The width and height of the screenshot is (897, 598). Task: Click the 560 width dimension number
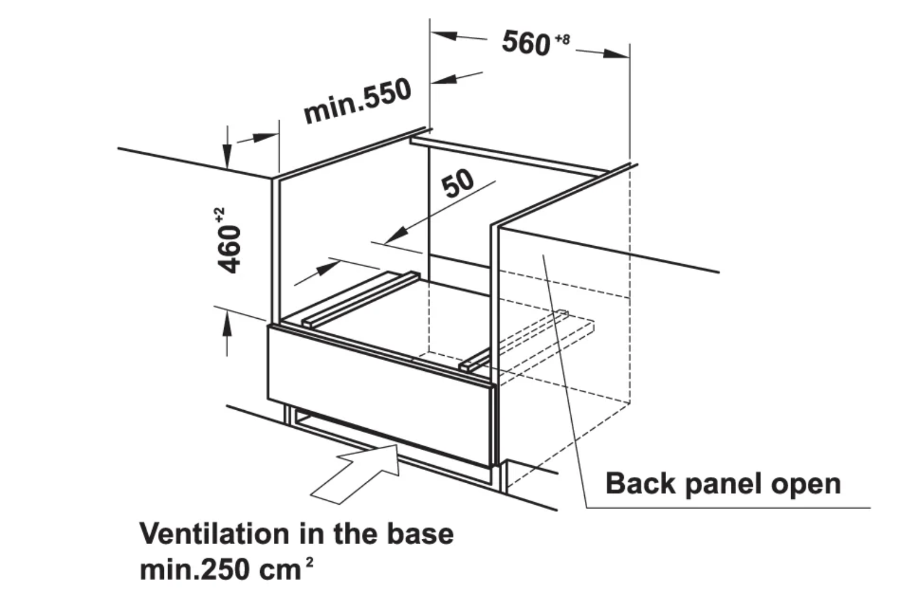click(526, 42)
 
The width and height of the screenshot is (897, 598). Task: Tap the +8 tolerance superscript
click(562, 39)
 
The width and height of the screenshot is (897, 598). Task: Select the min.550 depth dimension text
click(357, 101)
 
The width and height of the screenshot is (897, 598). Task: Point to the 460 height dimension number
click(229, 249)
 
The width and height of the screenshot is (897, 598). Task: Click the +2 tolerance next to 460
click(220, 215)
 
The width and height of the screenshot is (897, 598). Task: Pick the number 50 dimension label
click(457, 184)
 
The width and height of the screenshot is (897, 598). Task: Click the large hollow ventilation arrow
click(355, 474)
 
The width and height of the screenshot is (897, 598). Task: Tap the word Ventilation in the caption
click(214, 534)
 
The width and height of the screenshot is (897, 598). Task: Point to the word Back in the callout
click(640, 483)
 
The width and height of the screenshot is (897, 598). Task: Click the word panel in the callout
click(724, 485)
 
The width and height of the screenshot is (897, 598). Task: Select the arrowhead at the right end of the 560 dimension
click(617, 54)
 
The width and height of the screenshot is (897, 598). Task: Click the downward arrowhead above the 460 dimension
click(227, 156)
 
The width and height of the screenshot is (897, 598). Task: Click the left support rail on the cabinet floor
click(361, 300)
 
